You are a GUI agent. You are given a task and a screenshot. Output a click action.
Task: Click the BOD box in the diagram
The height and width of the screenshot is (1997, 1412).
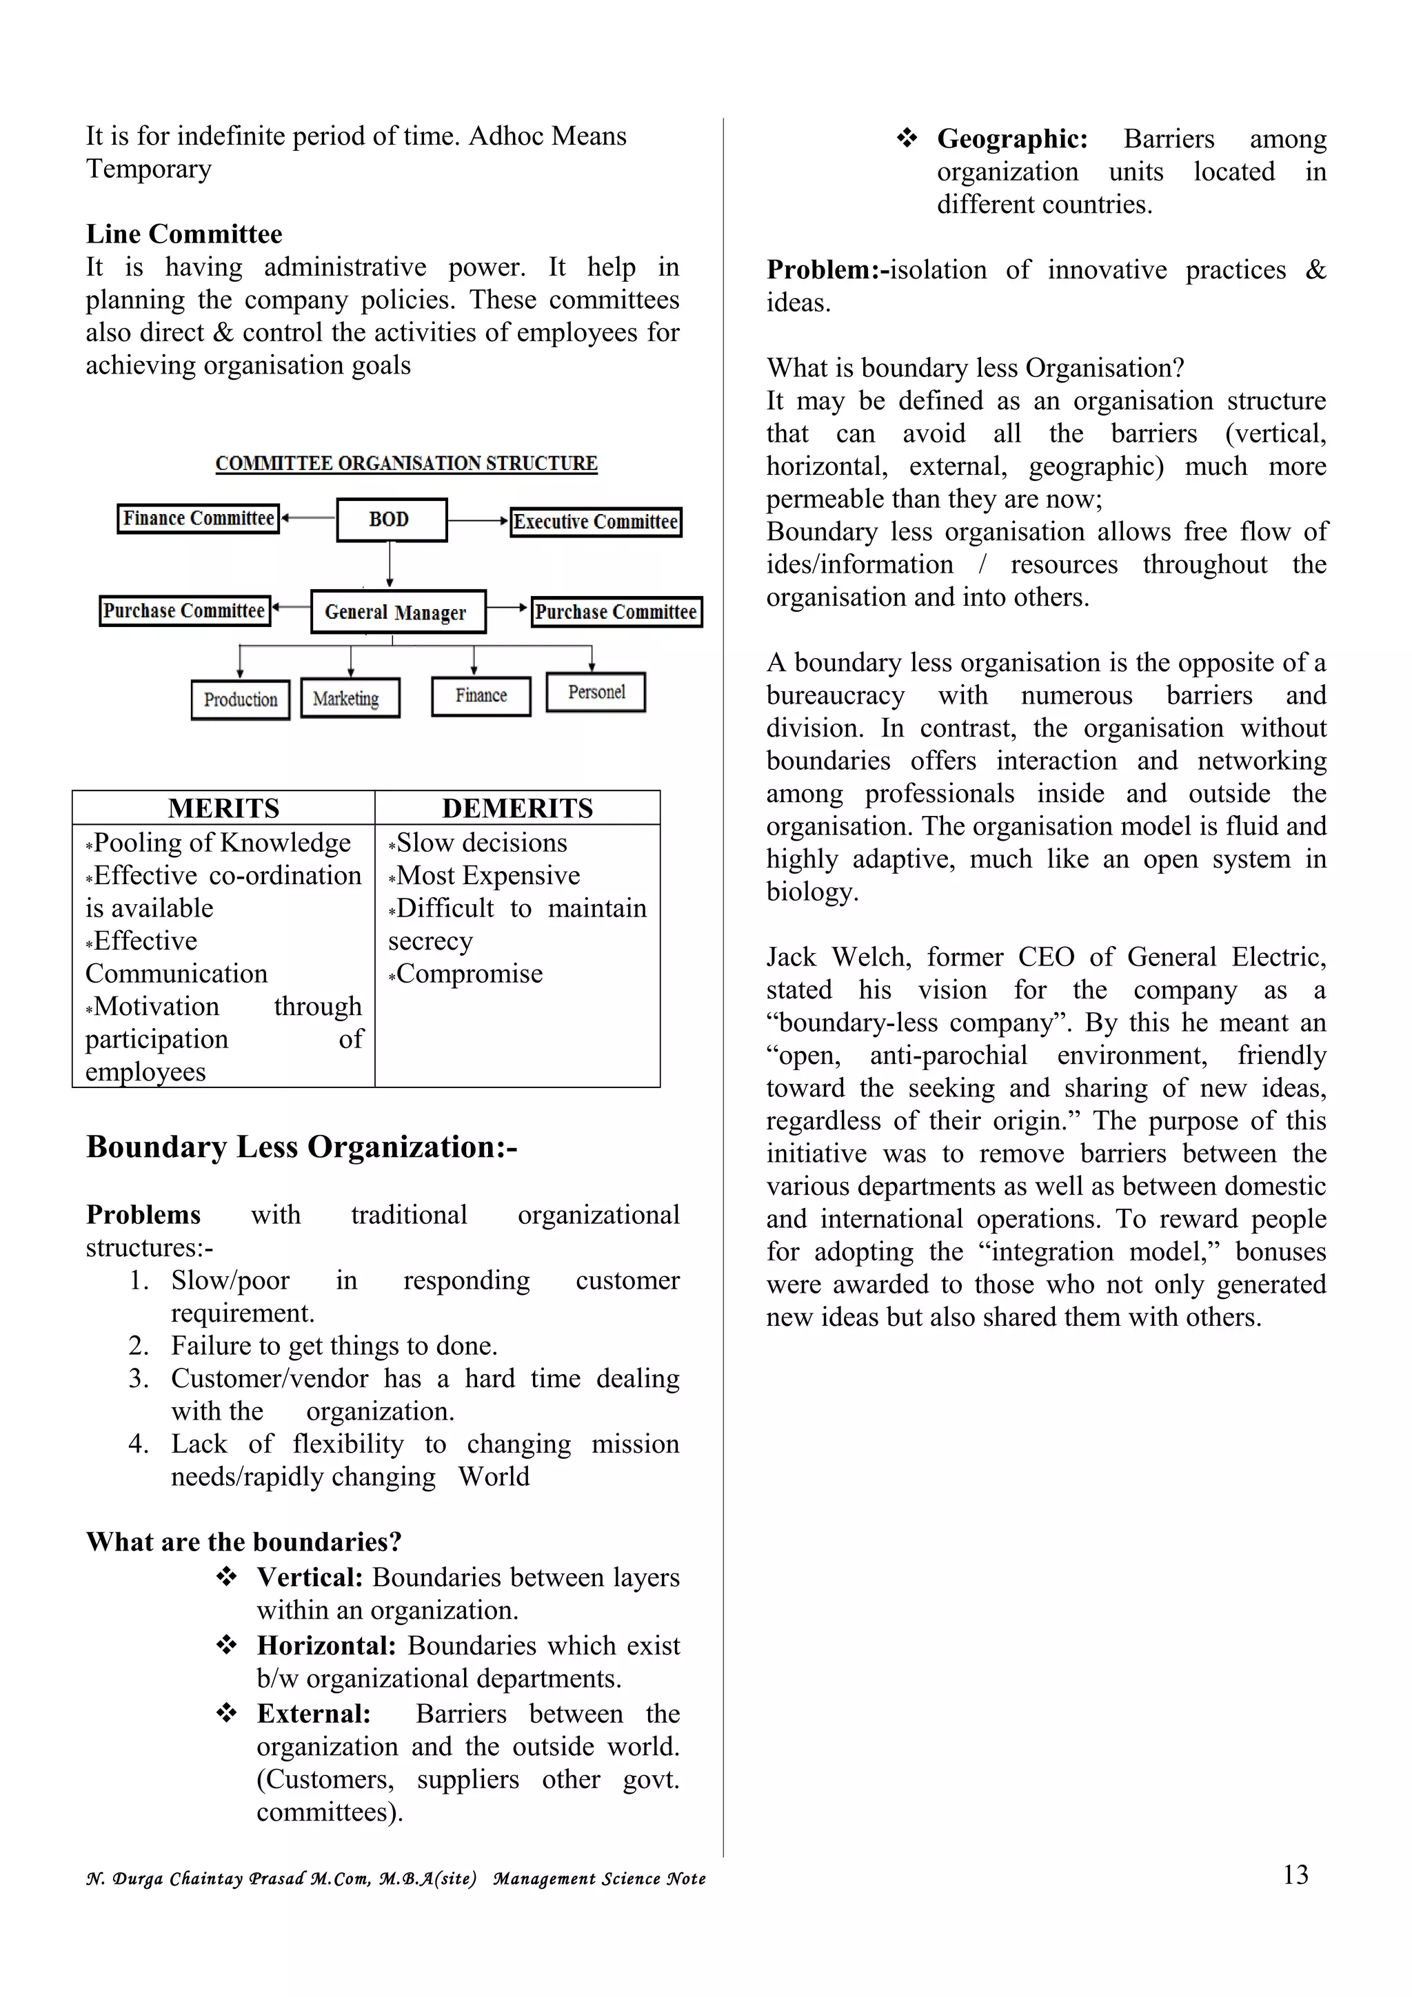(392, 520)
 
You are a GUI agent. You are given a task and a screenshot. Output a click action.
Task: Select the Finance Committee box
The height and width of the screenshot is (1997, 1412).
(199, 518)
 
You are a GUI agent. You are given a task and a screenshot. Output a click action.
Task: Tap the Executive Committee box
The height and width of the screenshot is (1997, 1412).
(595, 522)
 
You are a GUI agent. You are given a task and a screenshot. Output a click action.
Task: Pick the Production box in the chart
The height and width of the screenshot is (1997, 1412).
(240, 699)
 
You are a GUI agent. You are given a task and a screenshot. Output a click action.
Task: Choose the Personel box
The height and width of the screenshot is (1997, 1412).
(596, 693)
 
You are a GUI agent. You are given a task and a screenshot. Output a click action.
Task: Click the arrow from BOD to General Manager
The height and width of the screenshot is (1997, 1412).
(390, 565)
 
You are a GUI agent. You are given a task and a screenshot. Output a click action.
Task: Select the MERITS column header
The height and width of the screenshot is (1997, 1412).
(223, 808)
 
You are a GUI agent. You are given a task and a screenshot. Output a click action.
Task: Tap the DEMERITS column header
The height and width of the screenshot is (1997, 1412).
(518, 808)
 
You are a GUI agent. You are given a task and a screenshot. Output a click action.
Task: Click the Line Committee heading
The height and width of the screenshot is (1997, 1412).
(183, 234)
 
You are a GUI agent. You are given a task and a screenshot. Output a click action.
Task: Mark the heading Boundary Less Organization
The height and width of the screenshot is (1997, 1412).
(301, 1147)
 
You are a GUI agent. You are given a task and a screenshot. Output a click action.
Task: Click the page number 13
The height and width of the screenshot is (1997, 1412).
(1295, 1874)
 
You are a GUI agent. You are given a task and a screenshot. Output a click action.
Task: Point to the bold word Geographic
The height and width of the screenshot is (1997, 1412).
(1012, 139)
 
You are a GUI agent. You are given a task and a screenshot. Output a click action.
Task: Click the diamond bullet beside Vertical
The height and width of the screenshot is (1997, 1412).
(226, 1576)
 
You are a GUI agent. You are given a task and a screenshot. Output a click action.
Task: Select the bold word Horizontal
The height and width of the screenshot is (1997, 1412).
(326, 1646)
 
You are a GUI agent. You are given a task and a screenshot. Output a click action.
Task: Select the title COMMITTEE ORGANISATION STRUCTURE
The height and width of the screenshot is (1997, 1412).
(406, 464)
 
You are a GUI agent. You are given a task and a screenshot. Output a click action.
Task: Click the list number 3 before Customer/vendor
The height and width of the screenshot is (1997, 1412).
(139, 1379)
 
